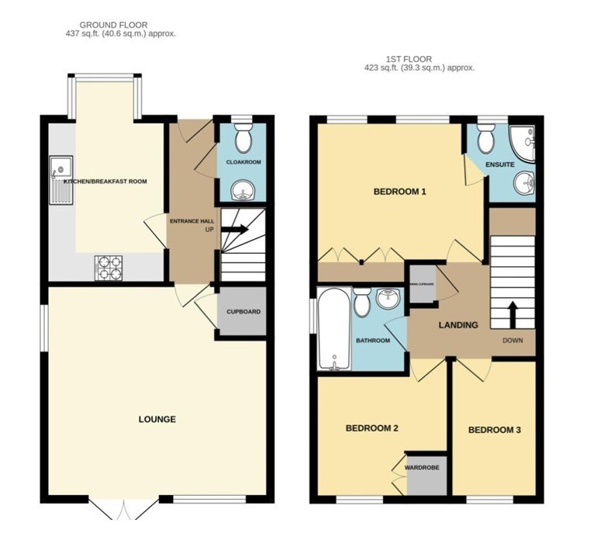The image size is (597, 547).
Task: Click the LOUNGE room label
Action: pyautogui.click(x=157, y=420)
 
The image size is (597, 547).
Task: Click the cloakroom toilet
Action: pyautogui.click(x=243, y=140)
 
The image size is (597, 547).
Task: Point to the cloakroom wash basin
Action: pyautogui.click(x=243, y=189)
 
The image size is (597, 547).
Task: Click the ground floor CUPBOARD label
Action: pyautogui.click(x=243, y=312)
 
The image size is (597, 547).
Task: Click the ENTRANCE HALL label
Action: pyautogui.click(x=191, y=221)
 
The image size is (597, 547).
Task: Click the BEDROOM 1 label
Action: pyautogui.click(x=399, y=192)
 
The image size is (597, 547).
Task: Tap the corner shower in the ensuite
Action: pyautogui.click(x=523, y=144)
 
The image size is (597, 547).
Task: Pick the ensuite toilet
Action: pyautogui.click(x=486, y=140)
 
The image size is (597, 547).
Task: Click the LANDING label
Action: pyautogui.click(x=457, y=325)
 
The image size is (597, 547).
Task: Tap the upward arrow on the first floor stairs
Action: pyautogui.click(x=512, y=314)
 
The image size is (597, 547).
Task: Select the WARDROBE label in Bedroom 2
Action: pyautogui.click(x=423, y=468)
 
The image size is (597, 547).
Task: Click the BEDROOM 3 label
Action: pyautogui.click(x=494, y=430)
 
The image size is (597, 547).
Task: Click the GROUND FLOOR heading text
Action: pyautogui.click(x=114, y=26)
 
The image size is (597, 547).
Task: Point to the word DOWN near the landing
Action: pyautogui.click(x=512, y=341)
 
